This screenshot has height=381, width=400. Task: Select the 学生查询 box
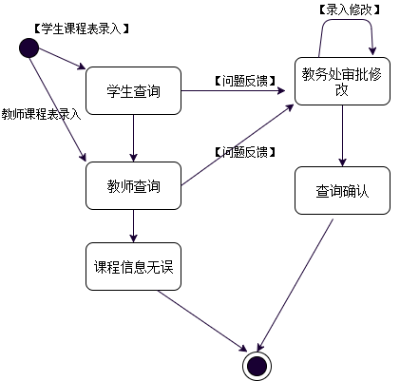[133, 92]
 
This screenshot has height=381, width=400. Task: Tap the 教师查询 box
[133, 185]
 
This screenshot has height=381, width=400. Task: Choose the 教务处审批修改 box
[341, 81]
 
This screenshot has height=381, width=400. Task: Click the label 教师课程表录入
[41, 113]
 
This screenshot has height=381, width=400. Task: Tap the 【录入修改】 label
[348, 10]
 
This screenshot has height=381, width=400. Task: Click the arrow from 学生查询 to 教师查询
[133, 139]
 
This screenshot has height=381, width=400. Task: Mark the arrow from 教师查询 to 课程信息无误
[133, 226]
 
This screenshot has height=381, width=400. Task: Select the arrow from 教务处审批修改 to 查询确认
[341, 142]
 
